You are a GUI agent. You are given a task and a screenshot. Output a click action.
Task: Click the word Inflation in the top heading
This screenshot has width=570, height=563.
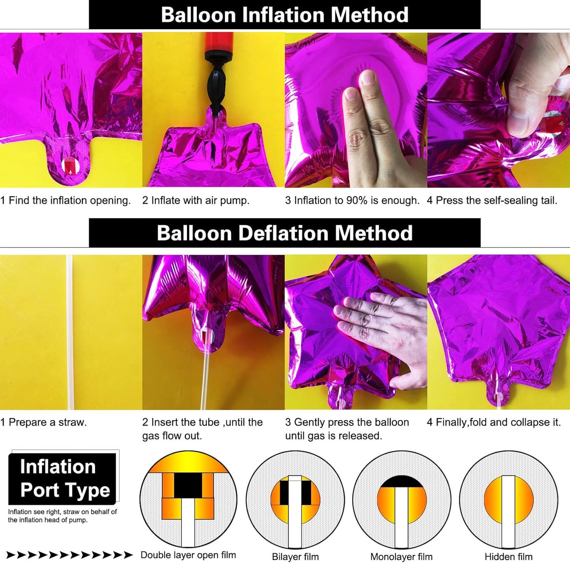pyautogui.click(x=283, y=15)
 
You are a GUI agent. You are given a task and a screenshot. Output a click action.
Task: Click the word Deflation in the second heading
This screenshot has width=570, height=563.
pyautogui.click(x=283, y=233)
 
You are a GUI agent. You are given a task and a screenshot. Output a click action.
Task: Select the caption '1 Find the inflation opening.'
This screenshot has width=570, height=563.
pyautogui.click(x=65, y=200)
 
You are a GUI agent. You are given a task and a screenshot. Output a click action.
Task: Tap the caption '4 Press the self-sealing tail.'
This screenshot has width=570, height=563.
pyautogui.click(x=492, y=200)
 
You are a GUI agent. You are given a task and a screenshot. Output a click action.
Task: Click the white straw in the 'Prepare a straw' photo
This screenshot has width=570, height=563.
pyautogui.click(x=70, y=332)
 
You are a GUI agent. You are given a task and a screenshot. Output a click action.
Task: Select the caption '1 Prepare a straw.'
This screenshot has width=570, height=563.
pyautogui.click(x=43, y=422)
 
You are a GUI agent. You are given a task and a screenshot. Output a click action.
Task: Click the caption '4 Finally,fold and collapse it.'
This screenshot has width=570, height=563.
pyautogui.click(x=494, y=422)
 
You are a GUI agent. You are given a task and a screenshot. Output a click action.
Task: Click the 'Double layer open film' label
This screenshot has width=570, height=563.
pyautogui.click(x=188, y=555)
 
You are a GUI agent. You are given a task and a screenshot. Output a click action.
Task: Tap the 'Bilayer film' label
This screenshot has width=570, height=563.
pyautogui.click(x=295, y=557)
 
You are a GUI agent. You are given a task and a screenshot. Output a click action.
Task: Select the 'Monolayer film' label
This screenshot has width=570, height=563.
pyautogui.click(x=402, y=557)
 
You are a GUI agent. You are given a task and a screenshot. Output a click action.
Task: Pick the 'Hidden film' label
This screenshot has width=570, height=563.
pyautogui.click(x=508, y=557)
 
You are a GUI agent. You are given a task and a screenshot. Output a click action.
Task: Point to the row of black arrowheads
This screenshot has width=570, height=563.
pyautogui.click(x=70, y=555)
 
